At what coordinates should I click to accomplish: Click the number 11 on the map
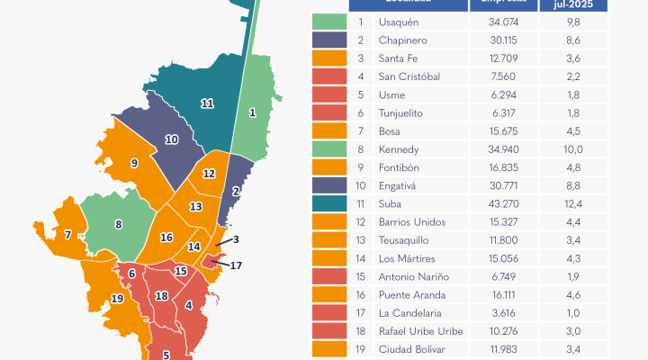207,103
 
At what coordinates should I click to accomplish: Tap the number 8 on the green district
118,224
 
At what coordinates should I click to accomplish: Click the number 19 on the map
117,298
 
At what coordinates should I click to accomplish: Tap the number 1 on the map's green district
252,112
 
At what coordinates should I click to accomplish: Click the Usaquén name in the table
401,21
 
